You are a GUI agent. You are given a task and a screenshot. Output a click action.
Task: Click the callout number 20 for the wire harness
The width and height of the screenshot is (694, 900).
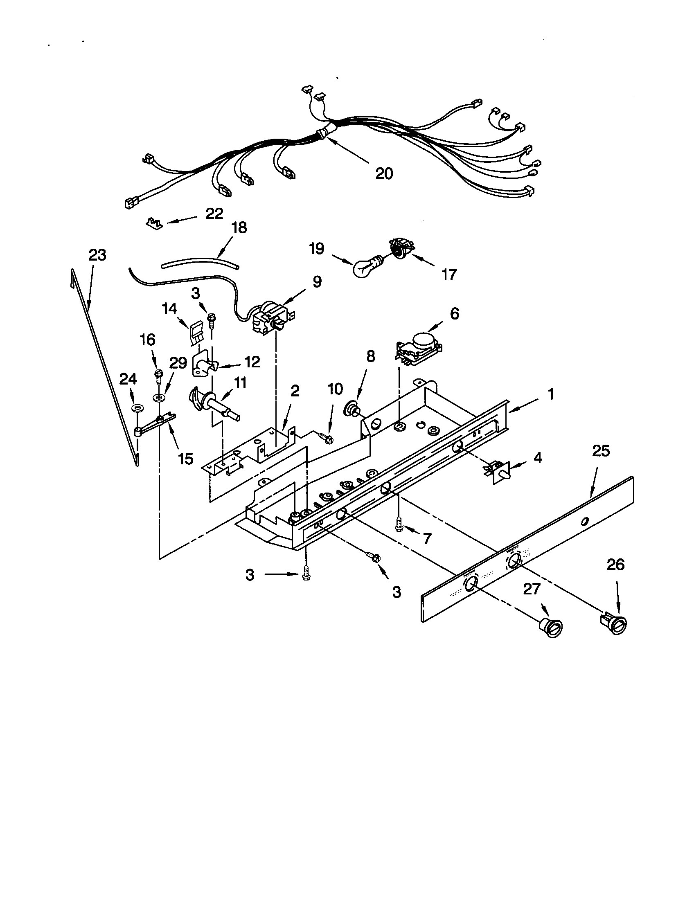tap(384, 173)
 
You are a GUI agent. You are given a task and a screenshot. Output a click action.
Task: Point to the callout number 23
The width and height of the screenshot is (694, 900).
tap(97, 255)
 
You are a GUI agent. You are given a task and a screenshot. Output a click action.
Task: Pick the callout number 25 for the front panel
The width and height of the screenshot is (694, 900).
tap(600, 451)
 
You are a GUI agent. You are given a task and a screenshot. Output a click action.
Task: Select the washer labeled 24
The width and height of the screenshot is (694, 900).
tap(136, 408)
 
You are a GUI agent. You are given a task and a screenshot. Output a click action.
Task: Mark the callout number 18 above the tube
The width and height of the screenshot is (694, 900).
tap(239, 227)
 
